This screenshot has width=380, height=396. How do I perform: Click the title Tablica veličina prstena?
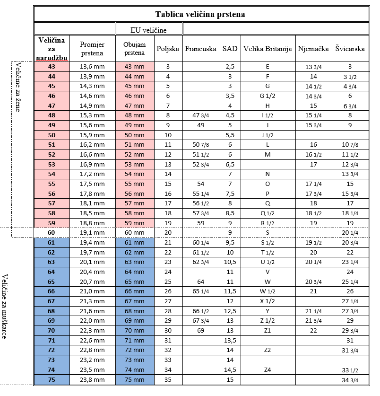pos(200,14)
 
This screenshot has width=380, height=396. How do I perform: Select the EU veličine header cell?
pos(148,30)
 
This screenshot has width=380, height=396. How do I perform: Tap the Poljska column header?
pos(168,49)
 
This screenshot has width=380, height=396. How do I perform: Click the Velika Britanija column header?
pos(268,49)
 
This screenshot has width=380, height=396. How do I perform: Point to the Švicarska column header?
pos(350,49)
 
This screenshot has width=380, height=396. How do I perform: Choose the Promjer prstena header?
pos(92,49)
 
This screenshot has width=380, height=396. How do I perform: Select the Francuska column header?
pos(201,49)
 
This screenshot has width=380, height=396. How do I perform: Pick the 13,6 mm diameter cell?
pos(92,67)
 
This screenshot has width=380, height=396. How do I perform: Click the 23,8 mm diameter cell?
pos(92,379)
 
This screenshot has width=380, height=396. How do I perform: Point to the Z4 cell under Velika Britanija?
pos(268,370)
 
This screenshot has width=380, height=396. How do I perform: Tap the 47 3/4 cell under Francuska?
pos(201,115)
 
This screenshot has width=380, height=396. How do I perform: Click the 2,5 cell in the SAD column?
pos(230,67)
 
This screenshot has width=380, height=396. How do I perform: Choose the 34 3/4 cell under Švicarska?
pos(350,379)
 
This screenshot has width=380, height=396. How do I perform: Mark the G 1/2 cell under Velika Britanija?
pos(268,96)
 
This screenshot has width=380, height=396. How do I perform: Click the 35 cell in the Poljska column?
pos(168,379)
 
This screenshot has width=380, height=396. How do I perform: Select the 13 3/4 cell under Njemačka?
pos(313,67)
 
